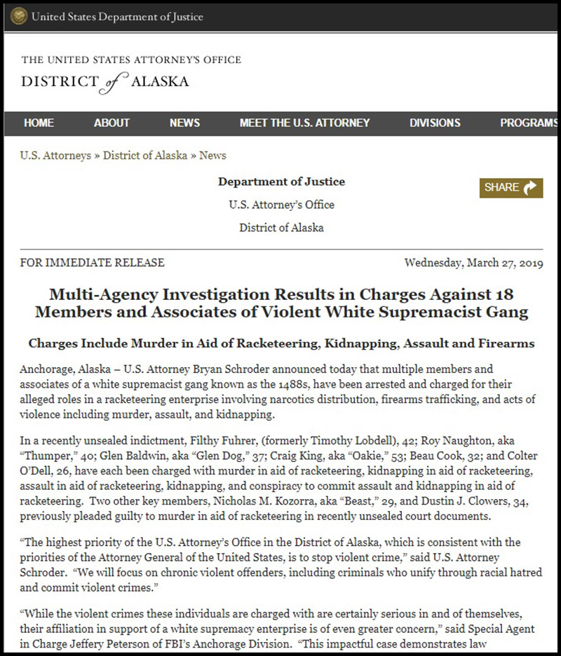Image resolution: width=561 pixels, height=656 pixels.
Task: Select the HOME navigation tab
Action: point(39,123)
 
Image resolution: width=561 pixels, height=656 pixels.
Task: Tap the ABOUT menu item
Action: point(111,123)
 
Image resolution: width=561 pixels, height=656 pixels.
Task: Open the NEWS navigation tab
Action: point(184,123)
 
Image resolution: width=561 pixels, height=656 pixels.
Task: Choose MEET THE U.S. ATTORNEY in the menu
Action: point(304,123)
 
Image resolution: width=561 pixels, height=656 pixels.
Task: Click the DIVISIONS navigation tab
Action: point(435,123)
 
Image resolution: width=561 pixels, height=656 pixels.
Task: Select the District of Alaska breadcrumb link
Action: point(145,156)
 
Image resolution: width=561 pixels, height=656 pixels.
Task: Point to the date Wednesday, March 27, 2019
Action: point(473,263)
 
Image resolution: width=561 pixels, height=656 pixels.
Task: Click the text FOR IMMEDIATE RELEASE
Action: point(93,263)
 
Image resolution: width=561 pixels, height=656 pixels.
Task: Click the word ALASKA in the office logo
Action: point(159,81)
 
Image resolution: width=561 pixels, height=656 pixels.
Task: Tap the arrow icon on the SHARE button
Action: point(531,187)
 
